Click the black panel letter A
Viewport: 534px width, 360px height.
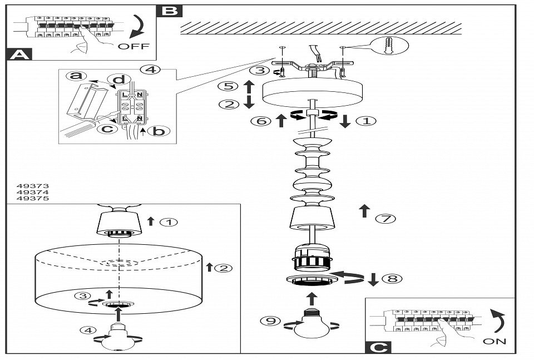point(19,55)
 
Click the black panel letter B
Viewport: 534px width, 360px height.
point(170,11)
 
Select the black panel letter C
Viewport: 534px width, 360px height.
point(378,347)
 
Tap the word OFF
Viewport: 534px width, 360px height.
point(133,46)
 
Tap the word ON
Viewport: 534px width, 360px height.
point(495,341)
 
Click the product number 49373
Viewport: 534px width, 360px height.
point(33,186)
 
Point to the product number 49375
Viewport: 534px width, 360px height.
point(33,198)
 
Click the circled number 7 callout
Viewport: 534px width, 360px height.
point(385,218)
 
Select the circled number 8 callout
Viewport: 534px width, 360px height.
point(392,278)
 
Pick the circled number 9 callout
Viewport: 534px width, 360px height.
point(270,320)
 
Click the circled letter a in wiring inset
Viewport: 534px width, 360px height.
point(76,76)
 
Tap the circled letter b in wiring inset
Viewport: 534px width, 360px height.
point(159,131)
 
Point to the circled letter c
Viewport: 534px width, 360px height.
point(107,129)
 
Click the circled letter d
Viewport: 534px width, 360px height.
point(119,80)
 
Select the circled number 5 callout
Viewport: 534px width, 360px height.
point(228,86)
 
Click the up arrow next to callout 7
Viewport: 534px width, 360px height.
point(364,211)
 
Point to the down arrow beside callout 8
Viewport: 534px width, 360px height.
point(373,279)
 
